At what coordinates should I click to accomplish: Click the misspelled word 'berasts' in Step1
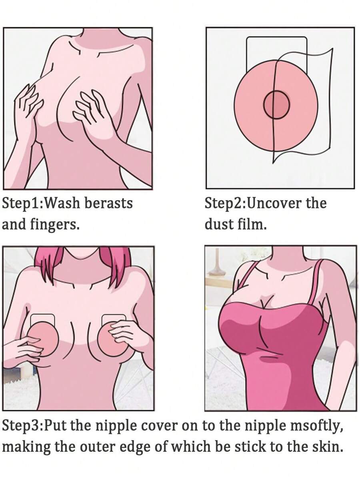point(108,204)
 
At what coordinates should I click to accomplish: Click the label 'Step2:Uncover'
point(253,204)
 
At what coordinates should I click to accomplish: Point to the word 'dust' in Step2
point(219,225)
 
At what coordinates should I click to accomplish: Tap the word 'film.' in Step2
point(252,225)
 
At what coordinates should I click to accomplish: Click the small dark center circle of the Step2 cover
point(276,105)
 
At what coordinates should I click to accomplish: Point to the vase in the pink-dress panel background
point(217,262)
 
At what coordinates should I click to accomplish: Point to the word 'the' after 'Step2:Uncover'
point(316,204)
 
